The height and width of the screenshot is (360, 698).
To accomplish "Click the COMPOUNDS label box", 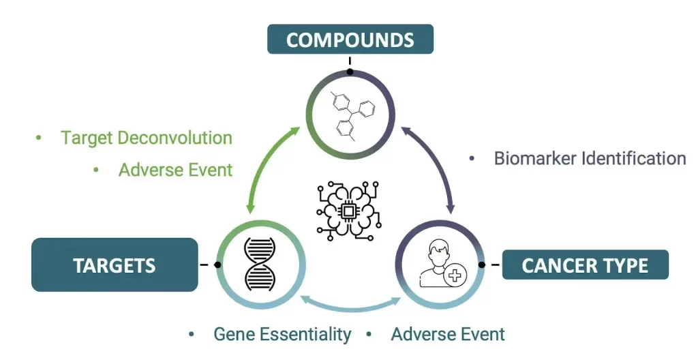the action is pyautogui.click(x=350, y=40).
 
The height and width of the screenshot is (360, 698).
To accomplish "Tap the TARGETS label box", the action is pyautogui.click(x=115, y=265).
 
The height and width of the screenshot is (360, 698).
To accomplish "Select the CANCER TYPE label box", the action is pyautogui.click(x=586, y=265).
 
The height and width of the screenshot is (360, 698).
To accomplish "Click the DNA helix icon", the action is pyautogui.click(x=260, y=265).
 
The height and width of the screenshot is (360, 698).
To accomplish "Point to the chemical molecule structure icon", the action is pyautogui.click(x=353, y=116).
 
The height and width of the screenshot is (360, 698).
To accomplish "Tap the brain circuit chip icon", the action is pyautogui.click(x=348, y=211).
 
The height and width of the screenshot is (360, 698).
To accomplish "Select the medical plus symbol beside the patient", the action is pyautogui.click(x=455, y=275).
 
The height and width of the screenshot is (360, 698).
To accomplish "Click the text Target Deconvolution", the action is pyautogui.click(x=147, y=138).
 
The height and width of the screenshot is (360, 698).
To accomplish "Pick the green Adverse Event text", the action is pyautogui.click(x=175, y=170).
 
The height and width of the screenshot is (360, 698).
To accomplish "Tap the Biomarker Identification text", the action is pyautogui.click(x=590, y=159).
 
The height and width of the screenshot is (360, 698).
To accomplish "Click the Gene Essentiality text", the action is pyautogui.click(x=282, y=334).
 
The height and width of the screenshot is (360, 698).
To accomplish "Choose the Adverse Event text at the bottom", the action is pyautogui.click(x=448, y=334).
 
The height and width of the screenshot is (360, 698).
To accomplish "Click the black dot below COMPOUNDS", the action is pyautogui.click(x=350, y=72).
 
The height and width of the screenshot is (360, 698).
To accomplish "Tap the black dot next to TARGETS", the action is pyautogui.click(x=217, y=265).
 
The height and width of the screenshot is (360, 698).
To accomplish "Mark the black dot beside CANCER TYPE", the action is pyautogui.click(x=481, y=265).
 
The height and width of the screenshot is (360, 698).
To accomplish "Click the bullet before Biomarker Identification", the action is pyautogui.click(x=472, y=159).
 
